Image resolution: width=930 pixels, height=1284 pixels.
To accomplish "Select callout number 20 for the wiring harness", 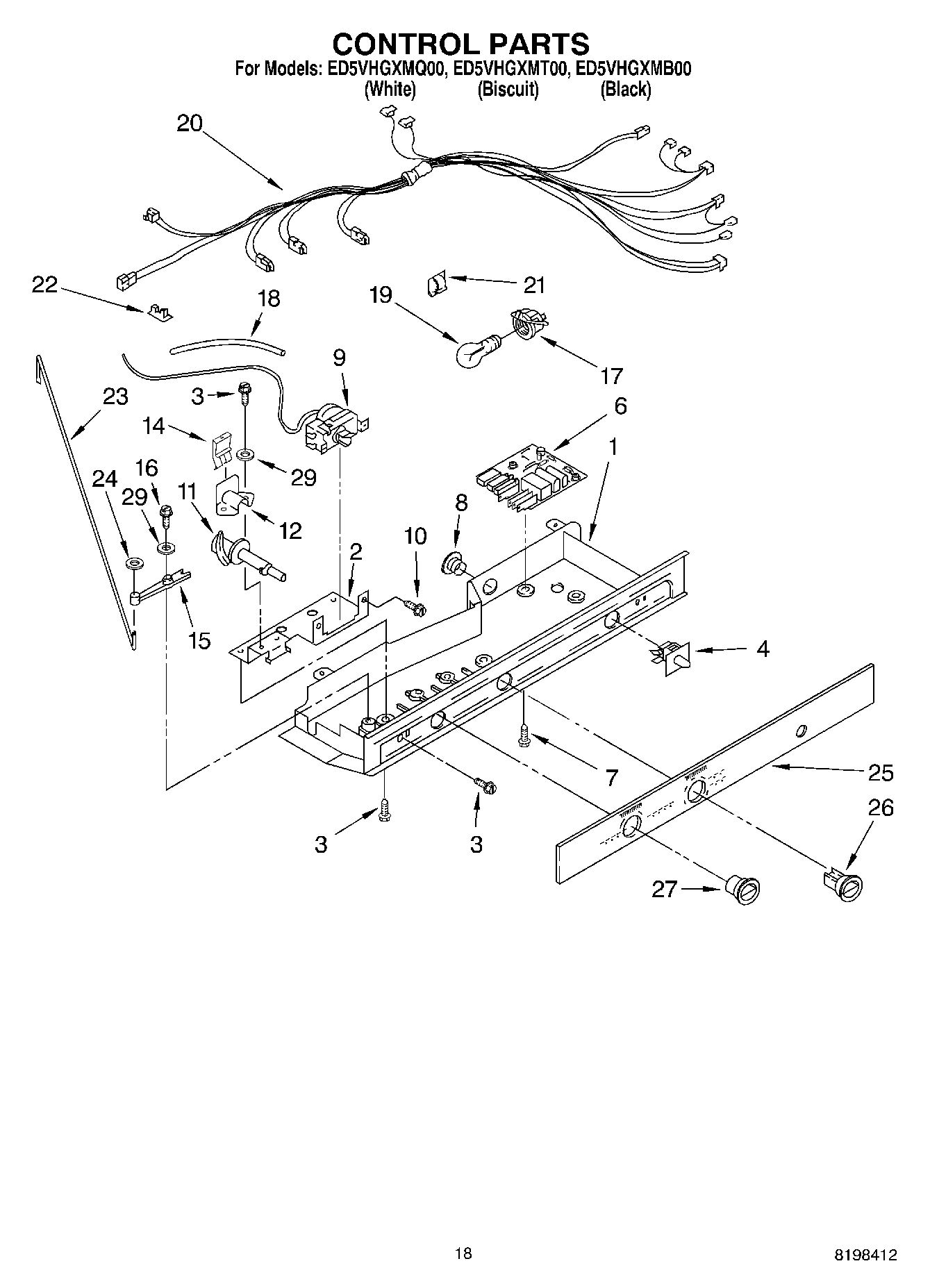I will tap(189, 124).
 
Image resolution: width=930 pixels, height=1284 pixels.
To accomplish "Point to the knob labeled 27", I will tap(743, 890).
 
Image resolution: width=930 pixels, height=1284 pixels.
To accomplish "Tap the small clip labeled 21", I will tap(436, 283).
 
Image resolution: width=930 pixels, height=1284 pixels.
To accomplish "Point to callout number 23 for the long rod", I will tap(115, 397).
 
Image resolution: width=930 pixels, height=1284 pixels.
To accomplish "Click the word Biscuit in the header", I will tap(508, 90).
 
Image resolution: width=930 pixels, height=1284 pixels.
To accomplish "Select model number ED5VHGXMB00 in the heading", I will tap(633, 69).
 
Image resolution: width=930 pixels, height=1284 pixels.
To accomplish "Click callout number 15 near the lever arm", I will tap(199, 640).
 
